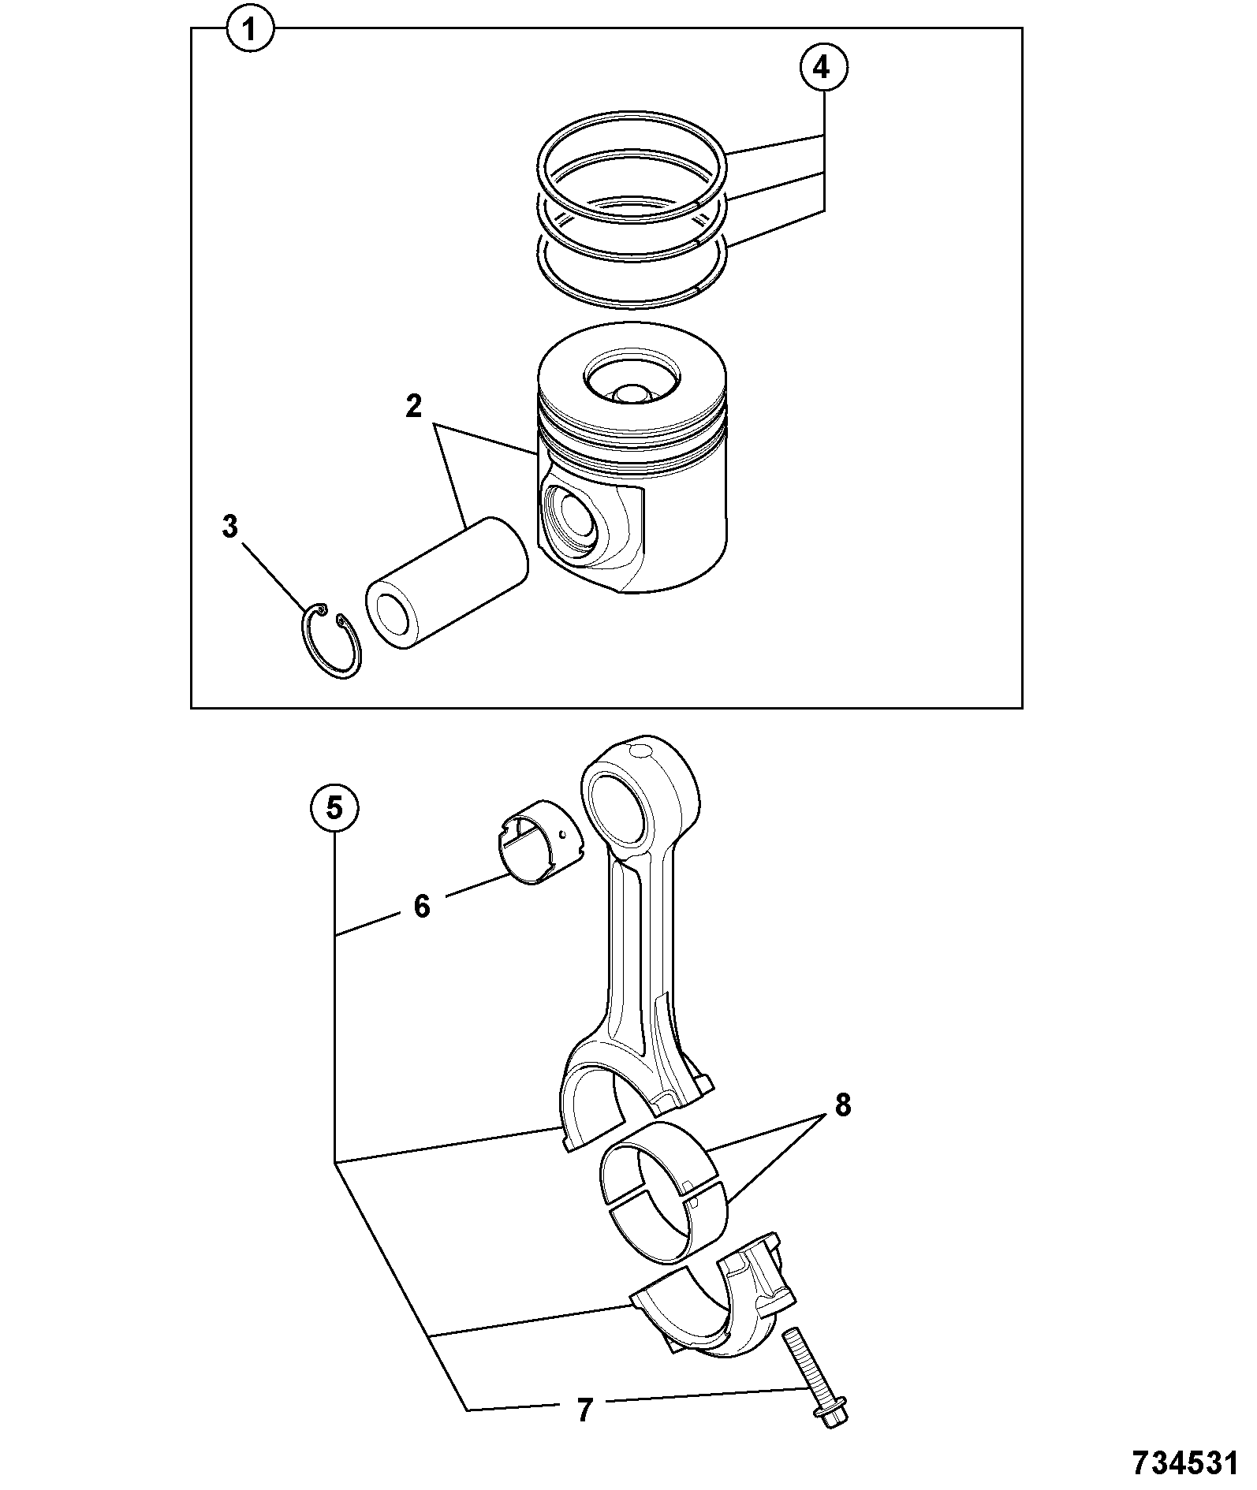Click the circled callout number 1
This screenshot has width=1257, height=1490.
click(250, 31)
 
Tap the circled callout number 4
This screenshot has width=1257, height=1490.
click(822, 69)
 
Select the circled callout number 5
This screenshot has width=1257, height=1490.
click(335, 808)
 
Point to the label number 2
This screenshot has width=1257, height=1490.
click(414, 407)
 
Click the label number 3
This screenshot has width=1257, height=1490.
click(229, 527)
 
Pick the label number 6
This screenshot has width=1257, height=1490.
click(422, 907)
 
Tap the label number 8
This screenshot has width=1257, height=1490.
click(843, 1106)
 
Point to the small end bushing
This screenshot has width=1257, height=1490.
click(539, 845)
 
